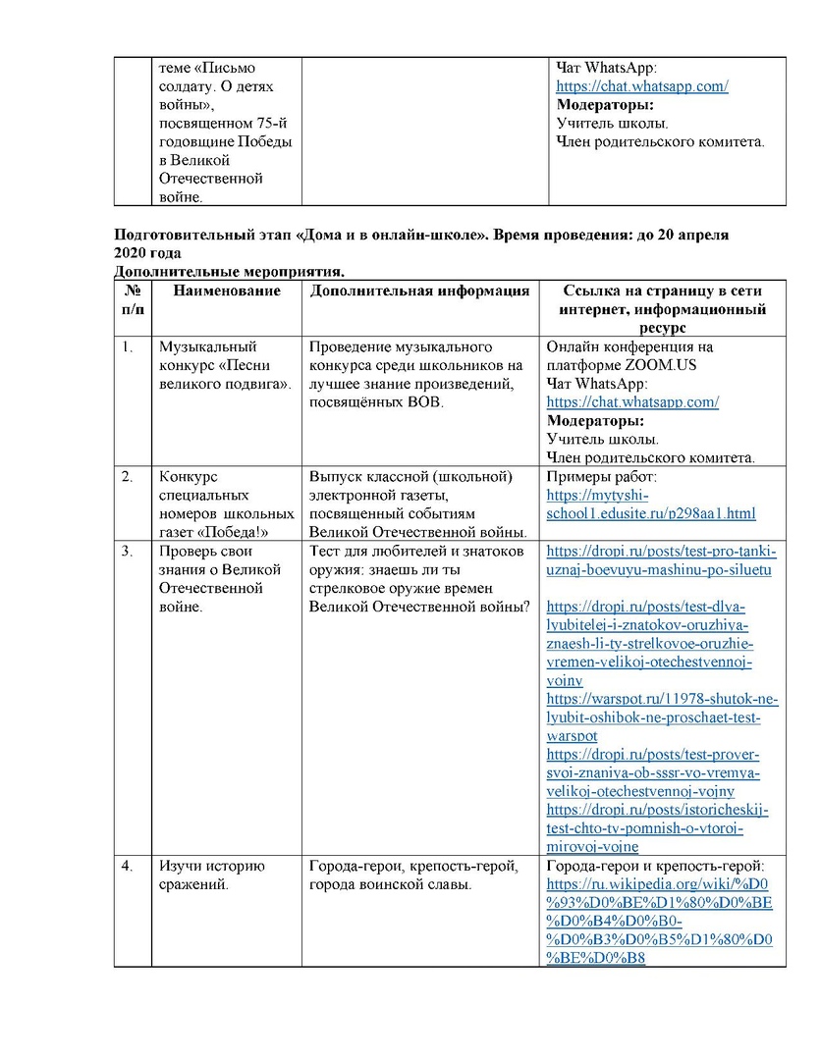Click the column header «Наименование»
pos(227,291)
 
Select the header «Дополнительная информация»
pos(419,291)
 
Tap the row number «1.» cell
pos(128,346)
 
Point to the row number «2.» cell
pos(128,477)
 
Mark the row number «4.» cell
pos(128,866)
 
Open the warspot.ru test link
pos(662,716)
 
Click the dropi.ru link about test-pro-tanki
pos(661,560)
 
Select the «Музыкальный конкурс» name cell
pos(225,364)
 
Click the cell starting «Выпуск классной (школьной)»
pos(418,504)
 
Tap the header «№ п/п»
pos(132,300)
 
